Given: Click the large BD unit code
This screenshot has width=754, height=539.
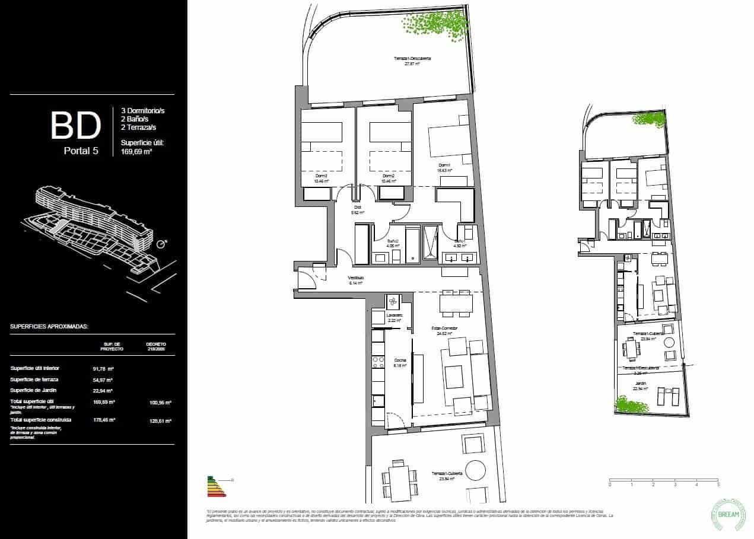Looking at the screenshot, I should point(75,126).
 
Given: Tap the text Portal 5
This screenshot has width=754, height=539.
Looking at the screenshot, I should point(81,151).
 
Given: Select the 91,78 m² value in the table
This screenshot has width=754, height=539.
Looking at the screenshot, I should point(103,368).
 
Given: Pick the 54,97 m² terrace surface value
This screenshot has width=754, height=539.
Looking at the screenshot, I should point(103,379).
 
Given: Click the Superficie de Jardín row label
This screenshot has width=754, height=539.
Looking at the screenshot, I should point(34,390).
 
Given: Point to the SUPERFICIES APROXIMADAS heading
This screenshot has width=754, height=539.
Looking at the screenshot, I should point(49,326).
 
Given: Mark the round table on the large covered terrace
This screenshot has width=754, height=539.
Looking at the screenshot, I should point(474,471).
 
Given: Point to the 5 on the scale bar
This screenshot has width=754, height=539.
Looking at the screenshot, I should point(718,484).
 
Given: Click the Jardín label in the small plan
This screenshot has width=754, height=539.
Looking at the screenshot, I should point(640,384).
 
